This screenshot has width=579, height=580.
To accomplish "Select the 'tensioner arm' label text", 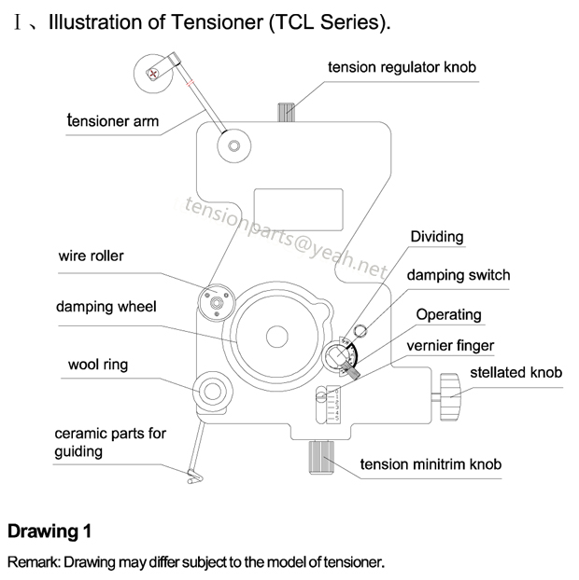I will tap(112, 120).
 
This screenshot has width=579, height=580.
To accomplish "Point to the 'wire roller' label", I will tap(91, 255).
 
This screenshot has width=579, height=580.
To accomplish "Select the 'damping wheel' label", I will tap(106, 306).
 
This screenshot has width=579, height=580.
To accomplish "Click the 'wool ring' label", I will tap(97, 365).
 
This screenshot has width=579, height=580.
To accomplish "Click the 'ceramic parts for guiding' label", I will tap(110, 442).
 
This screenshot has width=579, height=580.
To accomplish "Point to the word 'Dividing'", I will tap(436, 236).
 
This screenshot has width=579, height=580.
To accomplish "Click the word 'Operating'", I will tap(448, 314).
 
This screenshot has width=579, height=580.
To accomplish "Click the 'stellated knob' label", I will tap(515, 373).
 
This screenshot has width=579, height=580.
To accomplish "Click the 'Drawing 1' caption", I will tap(49, 532).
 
